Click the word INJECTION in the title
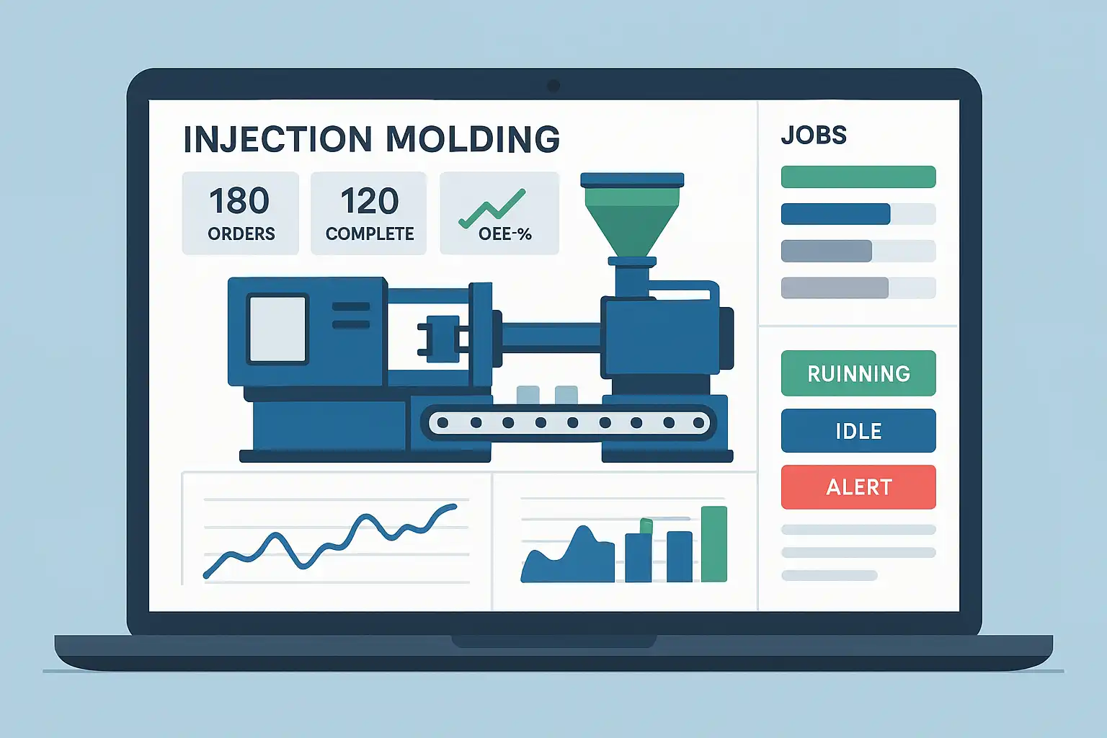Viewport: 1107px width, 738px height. click(277, 139)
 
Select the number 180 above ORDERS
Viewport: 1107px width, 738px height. click(239, 201)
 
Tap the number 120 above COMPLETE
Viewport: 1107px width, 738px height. click(369, 201)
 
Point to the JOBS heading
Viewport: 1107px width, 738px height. click(814, 135)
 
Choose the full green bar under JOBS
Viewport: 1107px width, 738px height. click(858, 177)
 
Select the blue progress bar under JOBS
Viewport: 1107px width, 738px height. click(835, 214)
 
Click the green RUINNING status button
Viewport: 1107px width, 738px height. click(858, 373)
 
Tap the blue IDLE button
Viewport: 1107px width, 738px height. click(858, 431)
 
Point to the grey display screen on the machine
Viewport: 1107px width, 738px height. click(277, 329)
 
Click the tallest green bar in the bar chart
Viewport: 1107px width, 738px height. click(714, 544)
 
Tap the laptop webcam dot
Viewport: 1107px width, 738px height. click(553, 86)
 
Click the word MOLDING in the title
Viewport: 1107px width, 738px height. click(472, 139)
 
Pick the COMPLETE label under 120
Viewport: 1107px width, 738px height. click(370, 234)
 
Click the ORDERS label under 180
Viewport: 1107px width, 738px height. click(241, 234)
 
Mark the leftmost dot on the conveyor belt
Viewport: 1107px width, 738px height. click(443, 423)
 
